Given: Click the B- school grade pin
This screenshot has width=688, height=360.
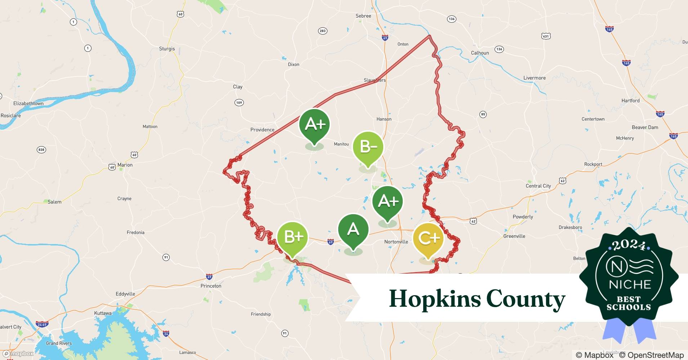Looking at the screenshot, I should point(367,147).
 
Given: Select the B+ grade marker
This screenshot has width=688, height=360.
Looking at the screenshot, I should point(292,237).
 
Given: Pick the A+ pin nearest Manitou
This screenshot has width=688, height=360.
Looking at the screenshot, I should point(314,125).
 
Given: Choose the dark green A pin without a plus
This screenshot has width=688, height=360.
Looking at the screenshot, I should point(353,230).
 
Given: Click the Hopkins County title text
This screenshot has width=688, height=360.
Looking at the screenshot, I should point(477,299).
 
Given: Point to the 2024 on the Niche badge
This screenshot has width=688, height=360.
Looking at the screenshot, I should point(629,246).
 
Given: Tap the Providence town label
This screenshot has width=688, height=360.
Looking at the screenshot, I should point(262,130).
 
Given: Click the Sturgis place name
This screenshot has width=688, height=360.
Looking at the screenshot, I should point(167,49).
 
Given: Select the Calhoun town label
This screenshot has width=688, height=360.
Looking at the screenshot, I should point(480,53).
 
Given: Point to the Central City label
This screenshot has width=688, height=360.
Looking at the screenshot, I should point(538,186).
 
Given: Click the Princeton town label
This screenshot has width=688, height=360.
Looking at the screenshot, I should point(211,286).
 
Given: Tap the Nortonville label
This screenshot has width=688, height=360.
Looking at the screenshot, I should point(396,242).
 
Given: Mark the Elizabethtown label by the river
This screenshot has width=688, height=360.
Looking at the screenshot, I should point(28,103).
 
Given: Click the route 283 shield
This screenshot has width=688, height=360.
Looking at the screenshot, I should point(322,31).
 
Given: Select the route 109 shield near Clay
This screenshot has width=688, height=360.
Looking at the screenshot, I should point(239,103).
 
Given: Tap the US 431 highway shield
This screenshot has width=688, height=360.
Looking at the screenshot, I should point(546,36).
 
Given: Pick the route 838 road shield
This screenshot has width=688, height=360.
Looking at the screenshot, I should point(41,150).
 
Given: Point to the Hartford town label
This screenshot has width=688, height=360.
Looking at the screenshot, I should point(630,100).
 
